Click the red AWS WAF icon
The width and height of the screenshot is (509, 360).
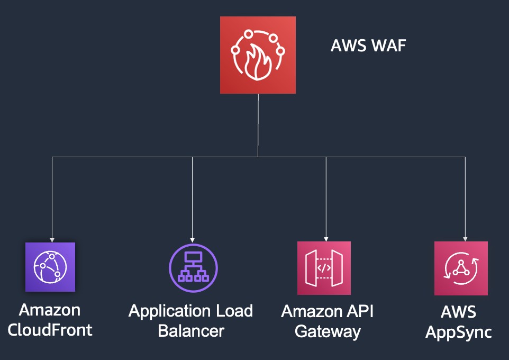258,55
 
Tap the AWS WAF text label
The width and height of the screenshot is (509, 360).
368,46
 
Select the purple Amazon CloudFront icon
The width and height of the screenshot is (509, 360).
50,267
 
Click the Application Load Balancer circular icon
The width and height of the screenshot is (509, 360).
193,267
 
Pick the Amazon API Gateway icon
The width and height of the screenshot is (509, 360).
324,268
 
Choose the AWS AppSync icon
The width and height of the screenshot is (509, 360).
461,268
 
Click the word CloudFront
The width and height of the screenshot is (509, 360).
50,330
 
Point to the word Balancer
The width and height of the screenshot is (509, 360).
191,331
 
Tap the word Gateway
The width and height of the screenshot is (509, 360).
328,332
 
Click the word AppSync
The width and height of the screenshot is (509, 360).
459,332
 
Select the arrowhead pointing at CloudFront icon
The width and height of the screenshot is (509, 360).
52,239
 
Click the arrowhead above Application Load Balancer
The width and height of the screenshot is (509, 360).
192,239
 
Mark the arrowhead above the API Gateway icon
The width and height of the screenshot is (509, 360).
326,239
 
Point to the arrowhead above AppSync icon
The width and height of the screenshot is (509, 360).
465,239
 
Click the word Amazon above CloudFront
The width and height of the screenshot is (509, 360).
50,310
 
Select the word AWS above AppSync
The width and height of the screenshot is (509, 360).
459,312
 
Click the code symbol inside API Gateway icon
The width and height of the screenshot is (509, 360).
324,268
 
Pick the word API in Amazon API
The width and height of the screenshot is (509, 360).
361,311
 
